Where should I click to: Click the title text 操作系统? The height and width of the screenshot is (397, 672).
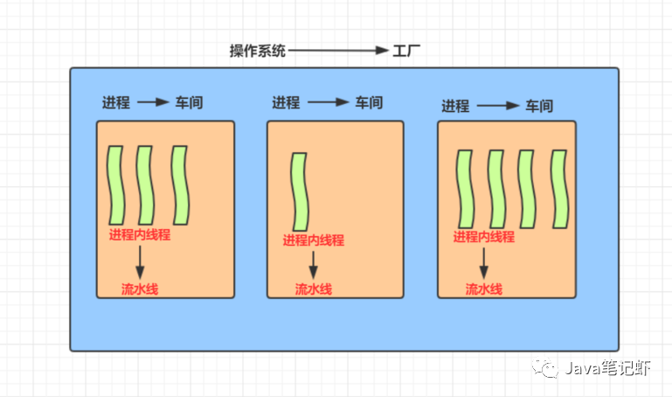257,52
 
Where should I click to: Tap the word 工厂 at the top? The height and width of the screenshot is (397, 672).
406,52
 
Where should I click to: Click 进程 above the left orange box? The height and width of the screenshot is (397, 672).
115,102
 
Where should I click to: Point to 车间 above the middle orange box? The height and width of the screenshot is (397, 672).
368,102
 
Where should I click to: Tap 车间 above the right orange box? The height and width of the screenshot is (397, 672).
538,107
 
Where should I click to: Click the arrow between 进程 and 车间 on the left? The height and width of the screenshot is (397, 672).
153,102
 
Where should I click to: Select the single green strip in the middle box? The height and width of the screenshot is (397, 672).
300,192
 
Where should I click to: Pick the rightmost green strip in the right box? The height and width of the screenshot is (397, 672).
558,189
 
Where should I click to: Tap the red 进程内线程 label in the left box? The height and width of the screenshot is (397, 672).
139,235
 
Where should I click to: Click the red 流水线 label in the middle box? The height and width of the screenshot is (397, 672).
313,289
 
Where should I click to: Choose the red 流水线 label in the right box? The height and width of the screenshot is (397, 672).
483,289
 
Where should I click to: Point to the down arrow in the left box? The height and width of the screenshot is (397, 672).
140,261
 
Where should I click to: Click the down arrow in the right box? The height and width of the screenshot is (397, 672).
483,261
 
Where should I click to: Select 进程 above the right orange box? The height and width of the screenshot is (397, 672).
455,107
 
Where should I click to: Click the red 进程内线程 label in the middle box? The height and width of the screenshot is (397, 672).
313,240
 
